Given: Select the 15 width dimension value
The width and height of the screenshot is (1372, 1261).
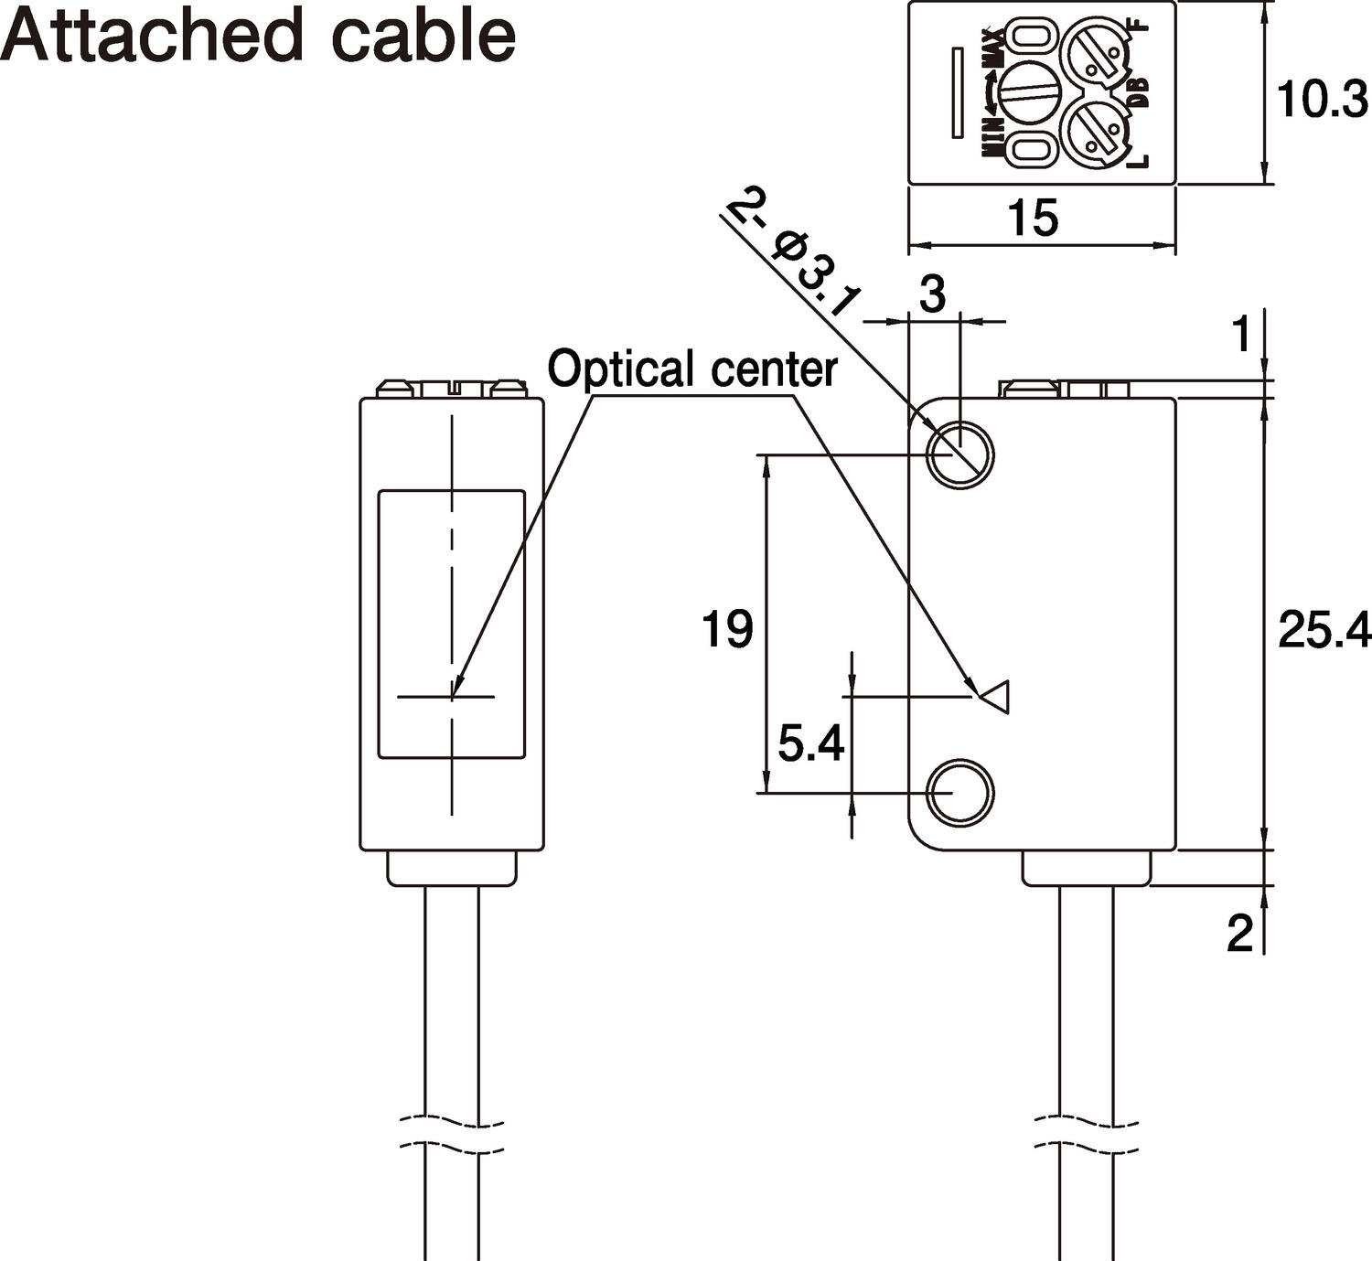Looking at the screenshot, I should (x=1033, y=218).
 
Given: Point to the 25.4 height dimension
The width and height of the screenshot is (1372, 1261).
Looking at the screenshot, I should (x=1324, y=630).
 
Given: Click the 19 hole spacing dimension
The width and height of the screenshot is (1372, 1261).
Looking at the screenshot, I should (x=727, y=629).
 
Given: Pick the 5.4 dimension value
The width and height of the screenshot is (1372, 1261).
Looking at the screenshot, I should (x=810, y=743).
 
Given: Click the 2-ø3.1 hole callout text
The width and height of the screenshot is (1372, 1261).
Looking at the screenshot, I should (x=793, y=260).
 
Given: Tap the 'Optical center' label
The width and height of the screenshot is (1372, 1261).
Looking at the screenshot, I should (x=692, y=369).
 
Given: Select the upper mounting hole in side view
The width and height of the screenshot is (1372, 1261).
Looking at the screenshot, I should (x=959, y=454).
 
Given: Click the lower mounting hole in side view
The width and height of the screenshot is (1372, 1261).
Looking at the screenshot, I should (x=959, y=792).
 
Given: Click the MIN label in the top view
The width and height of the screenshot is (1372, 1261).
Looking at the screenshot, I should (x=993, y=137).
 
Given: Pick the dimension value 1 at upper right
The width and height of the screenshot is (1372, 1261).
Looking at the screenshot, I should (x=1240, y=336).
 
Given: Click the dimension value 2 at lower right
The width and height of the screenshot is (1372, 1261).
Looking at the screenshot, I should (x=1239, y=935).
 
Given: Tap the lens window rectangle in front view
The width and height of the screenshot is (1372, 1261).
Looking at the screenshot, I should (x=452, y=624).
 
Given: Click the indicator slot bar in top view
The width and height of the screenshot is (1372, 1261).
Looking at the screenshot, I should (x=958, y=92).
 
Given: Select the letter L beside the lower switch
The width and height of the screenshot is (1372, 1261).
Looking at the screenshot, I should (x=1138, y=161).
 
